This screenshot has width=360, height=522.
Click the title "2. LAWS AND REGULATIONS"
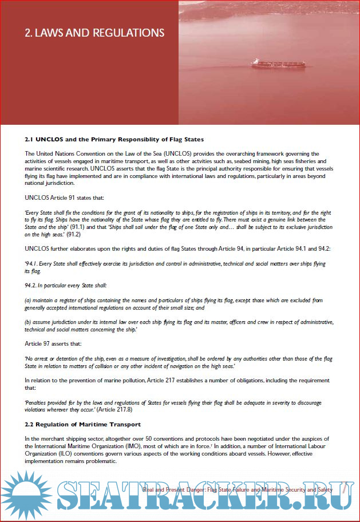tap(94, 33)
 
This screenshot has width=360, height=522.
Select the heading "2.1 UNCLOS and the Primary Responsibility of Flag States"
tap(114, 139)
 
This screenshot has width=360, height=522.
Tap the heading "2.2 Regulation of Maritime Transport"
tap(83, 424)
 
